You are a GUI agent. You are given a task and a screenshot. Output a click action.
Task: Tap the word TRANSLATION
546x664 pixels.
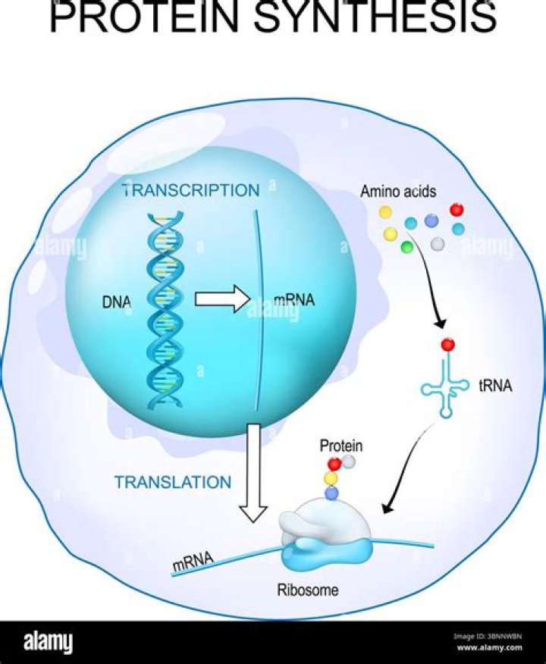173,482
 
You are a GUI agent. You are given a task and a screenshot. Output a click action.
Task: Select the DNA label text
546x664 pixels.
116,302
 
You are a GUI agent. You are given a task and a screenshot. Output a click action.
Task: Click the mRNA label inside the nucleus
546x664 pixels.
294,300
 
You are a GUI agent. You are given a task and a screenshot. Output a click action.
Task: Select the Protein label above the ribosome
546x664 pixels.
340,445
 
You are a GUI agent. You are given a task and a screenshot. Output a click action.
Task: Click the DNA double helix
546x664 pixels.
161,311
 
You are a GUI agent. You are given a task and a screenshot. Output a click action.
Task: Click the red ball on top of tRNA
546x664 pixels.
448,345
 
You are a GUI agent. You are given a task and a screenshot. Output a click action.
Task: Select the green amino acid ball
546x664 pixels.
406,246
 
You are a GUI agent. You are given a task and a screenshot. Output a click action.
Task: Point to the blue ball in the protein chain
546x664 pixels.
331,493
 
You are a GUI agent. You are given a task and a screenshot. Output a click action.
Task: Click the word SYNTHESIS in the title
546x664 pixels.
375,18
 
